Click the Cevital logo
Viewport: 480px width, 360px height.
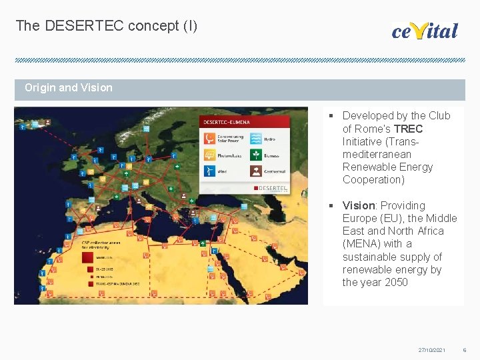click(x=425, y=30)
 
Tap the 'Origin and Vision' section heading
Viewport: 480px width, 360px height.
click(x=69, y=87)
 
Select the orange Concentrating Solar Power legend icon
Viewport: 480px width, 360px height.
click(x=209, y=139)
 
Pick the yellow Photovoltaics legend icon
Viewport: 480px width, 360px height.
click(x=209, y=155)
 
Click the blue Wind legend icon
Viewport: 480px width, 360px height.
click(x=209, y=171)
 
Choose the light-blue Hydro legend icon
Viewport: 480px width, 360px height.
click(x=255, y=139)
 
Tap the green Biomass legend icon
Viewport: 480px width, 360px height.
click(x=255, y=155)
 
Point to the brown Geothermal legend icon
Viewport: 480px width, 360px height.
click(x=255, y=171)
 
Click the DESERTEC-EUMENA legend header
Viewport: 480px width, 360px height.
click(x=226, y=123)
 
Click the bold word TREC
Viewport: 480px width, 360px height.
click(x=408, y=129)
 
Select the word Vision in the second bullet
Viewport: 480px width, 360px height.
click(x=359, y=205)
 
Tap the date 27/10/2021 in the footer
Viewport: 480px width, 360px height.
click(x=431, y=350)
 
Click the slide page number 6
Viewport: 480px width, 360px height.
click(x=465, y=350)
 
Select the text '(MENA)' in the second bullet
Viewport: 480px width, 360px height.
click(x=361, y=244)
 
